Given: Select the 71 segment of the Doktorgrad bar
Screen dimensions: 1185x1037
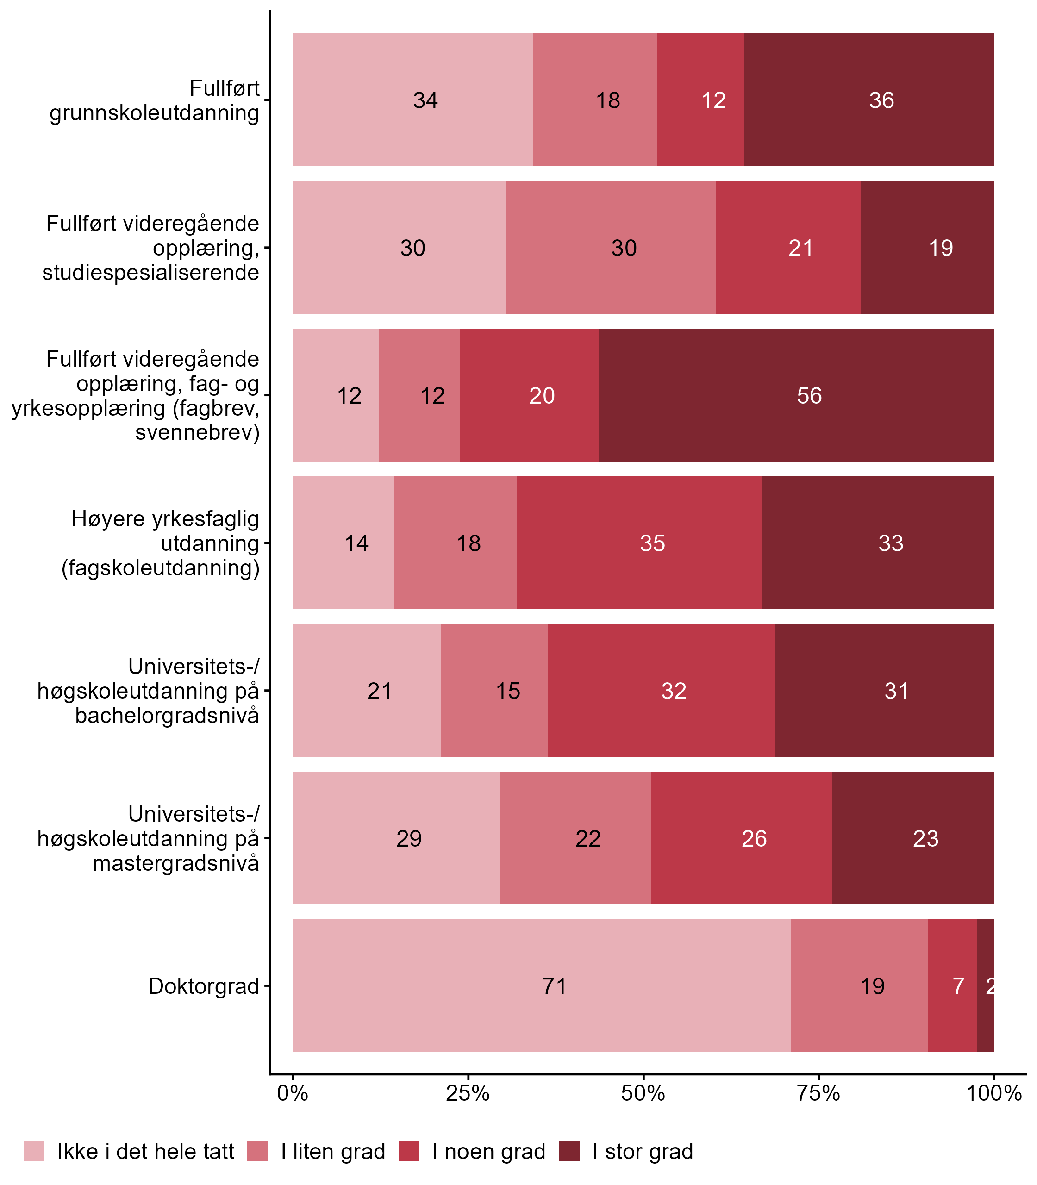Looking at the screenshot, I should pyautogui.click(x=554, y=986).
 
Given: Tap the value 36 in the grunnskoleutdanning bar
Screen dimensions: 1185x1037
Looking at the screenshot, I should pyautogui.click(x=881, y=101).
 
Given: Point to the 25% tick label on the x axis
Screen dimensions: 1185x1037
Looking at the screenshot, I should pyautogui.click(x=468, y=1093).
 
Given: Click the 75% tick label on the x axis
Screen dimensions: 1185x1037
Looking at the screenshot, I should pyautogui.click(x=818, y=1093).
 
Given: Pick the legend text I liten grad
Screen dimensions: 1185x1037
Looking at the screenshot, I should pyautogui.click(x=333, y=1152).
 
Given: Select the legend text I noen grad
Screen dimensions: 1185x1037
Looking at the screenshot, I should pyautogui.click(x=488, y=1152).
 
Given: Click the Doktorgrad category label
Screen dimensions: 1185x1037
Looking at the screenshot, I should pyautogui.click(x=204, y=986).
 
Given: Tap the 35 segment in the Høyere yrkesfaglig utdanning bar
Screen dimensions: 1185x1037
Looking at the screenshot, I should pyautogui.click(x=652, y=543).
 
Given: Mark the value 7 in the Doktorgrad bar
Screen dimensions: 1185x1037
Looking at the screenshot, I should pyautogui.click(x=958, y=986).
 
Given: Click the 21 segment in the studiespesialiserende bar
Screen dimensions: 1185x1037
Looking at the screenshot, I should pyautogui.click(x=800, y=248).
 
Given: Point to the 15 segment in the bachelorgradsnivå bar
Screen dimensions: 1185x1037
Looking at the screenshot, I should pyautogui.click(x=507, y=691).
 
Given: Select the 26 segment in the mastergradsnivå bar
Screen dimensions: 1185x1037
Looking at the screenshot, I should pyautogui.click(x=754, y=838).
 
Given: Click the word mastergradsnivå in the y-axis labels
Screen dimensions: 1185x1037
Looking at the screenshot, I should pyautogui.click(x=176, y=863).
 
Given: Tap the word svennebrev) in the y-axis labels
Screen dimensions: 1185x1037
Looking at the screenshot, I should pyautogui.click(x=197, y=432).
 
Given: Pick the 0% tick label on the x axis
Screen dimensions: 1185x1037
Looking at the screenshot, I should pyautogui.click(x=293, y=1093).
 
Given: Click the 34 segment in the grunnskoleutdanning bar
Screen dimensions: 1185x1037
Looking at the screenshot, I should pyautogui.click(x=425, y=101).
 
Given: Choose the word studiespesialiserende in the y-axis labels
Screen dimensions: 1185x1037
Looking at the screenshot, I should pyautogui.click(x=150, y=272).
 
